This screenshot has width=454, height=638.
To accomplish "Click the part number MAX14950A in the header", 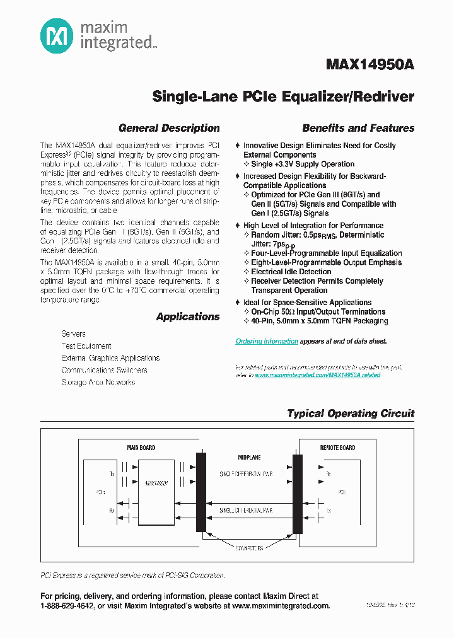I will [370, 65].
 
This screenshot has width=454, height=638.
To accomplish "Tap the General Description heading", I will [169, 128].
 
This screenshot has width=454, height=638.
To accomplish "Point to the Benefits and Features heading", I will [358, 128].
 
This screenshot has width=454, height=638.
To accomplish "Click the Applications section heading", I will [188, 316].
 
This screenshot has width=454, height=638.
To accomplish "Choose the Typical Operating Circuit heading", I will [351, 414].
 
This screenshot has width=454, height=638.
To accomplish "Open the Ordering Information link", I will [267, 341].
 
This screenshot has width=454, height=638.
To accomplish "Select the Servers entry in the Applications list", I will [73, 333].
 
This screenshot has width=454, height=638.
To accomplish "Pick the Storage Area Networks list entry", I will [98, 382].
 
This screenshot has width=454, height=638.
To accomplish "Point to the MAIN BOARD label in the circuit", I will [141, 448].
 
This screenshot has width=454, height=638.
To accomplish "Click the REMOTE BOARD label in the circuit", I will [337, 448].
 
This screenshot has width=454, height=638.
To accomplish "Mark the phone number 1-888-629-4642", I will [67, 606].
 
